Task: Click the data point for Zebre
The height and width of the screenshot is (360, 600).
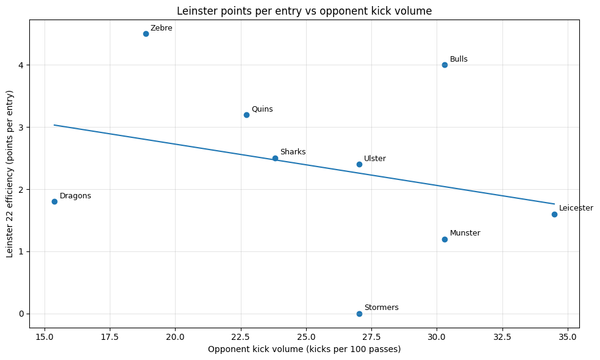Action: tap(146, 34)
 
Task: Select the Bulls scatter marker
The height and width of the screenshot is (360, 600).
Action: tap(445, 65)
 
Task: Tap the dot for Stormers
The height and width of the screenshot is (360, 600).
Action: tap(359, 314)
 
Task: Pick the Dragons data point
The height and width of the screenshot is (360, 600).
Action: tap(54, 201)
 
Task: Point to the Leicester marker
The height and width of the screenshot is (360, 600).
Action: tap(554, 214)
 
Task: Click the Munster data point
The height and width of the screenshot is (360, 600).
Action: tap(445, 239)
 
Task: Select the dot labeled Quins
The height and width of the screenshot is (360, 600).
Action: tap(246, 115)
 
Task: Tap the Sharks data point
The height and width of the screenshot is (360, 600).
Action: tap(275, 158)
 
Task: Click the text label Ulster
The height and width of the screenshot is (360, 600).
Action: tap(375, 159)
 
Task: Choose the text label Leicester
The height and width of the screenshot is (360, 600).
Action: tap(576, 208)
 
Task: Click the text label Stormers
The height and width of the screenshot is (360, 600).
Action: tap(381, 308)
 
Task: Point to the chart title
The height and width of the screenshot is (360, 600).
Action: tap(304, 10)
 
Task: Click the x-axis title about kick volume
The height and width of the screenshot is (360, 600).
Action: tap(304, 349)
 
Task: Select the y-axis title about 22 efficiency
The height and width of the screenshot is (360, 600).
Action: tap(10, 174)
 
